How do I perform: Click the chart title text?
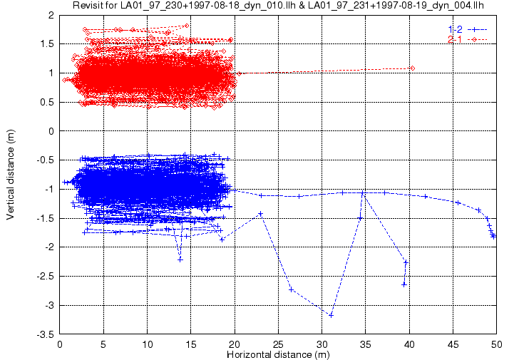278,5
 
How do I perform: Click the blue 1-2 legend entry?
468,29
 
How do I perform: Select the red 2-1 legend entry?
468,40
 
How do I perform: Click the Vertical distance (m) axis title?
10,175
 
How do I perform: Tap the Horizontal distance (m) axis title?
278,354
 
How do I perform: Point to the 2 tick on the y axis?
51,15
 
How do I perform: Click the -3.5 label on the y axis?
45,334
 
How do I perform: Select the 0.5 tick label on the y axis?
47,102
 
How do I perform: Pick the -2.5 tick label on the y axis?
45,277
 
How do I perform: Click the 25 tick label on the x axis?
278,344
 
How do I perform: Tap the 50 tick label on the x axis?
497,344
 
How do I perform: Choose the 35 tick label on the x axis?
366,344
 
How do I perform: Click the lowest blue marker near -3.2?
331,315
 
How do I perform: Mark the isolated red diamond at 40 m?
412,68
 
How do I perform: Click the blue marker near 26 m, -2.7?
291,289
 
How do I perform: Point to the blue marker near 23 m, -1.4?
261,214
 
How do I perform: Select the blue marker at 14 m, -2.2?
180,259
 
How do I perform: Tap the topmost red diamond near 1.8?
187,26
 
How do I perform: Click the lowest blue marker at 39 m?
404,284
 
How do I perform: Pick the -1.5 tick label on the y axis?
45,218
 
